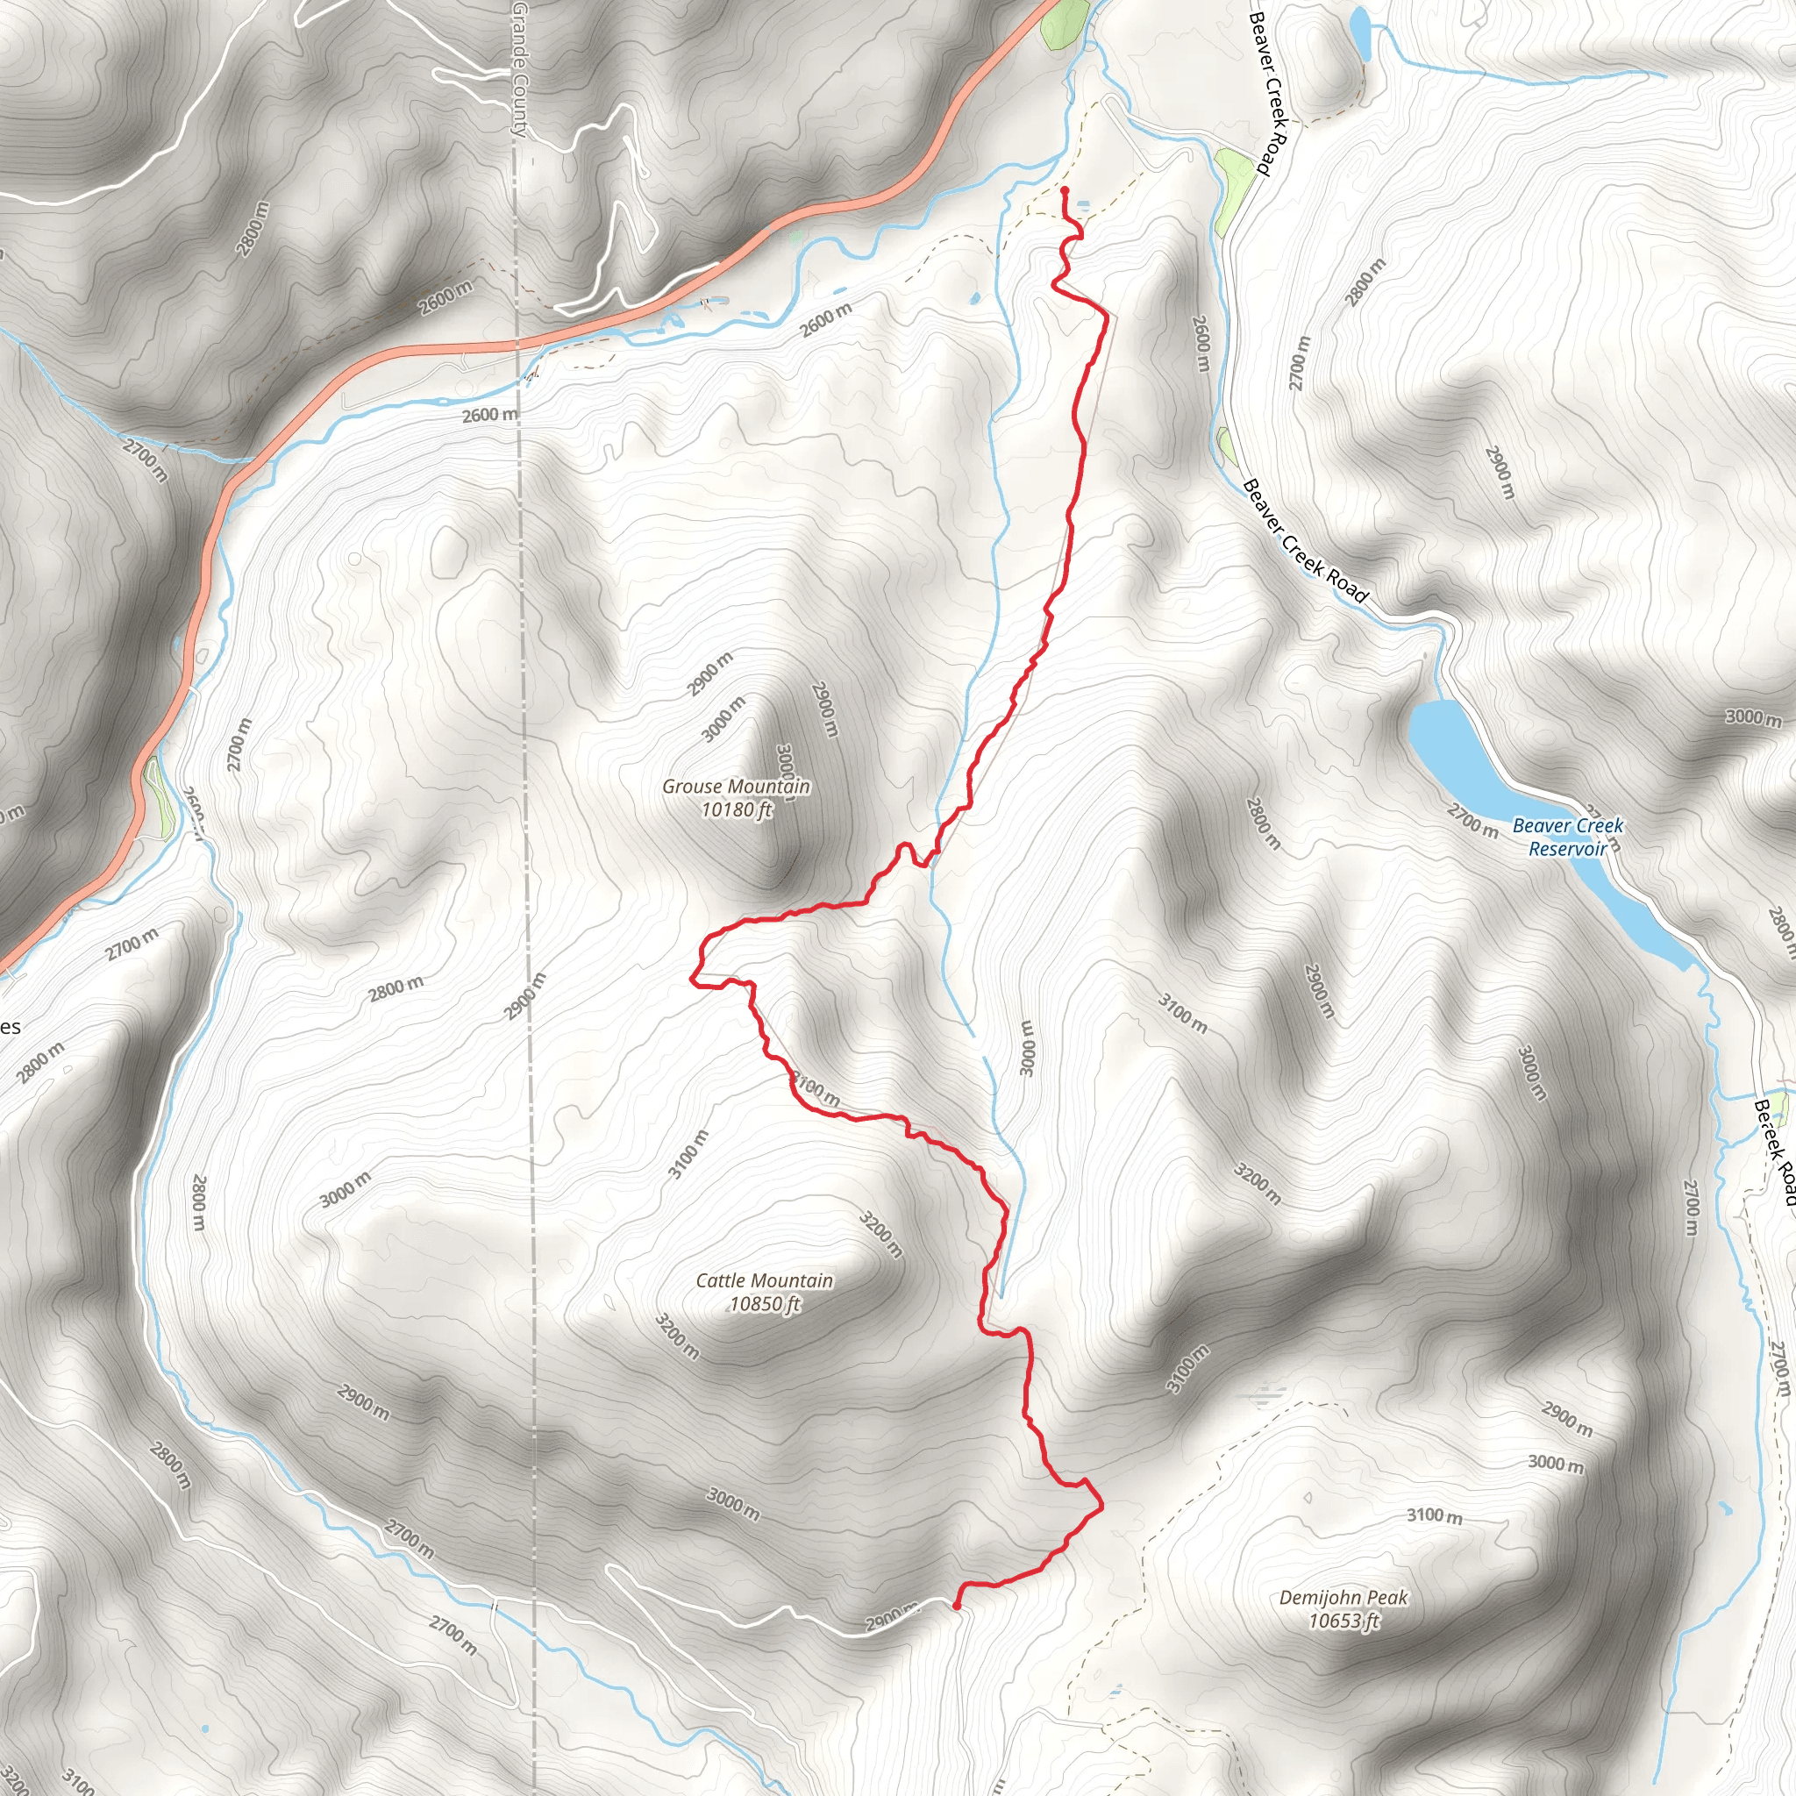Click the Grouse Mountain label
click(x=735, y=787)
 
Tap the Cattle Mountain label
click(x=764, y=1280)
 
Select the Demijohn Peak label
click(x=1343, y=1597)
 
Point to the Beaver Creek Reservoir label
click(x=1567, y=837)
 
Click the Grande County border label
click(x=520, y=70)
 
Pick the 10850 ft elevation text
click(x=764, y=1304)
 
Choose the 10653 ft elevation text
click(x=1343, y=1621)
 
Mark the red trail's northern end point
click(x=1064, y=190)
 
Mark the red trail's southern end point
click(x=957, y=1605)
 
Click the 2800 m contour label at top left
click(x=252, y=229)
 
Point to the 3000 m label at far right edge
click(x=1753, y=716)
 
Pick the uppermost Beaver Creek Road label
click(x=1268, y=93)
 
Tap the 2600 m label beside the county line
click(x=490, y=415)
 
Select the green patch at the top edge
click(x=1065, y=25)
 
